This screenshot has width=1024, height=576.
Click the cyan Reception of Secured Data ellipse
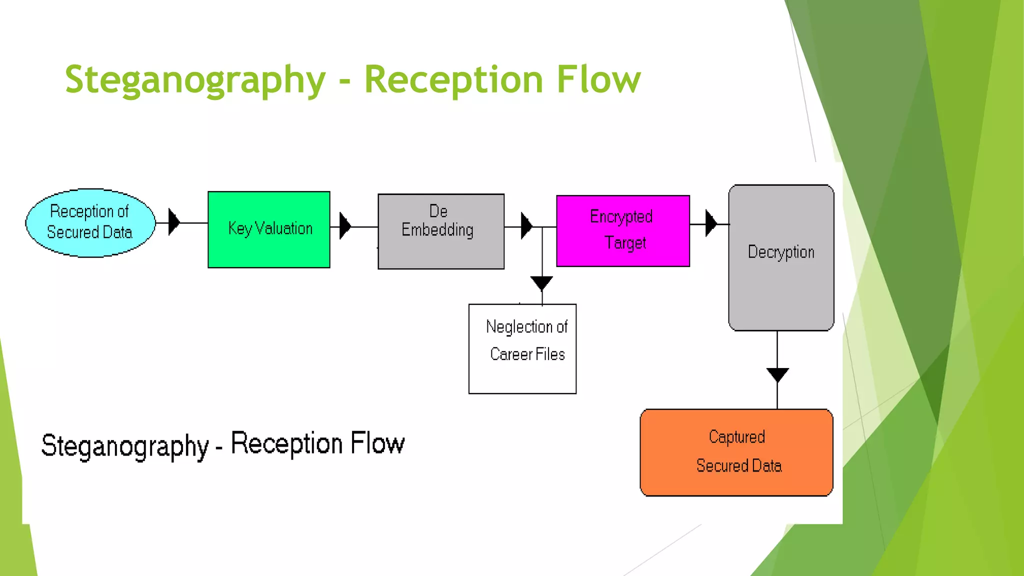click(90, 223)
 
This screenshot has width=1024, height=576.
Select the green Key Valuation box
click(269, 229)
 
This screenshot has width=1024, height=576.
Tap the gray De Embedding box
click(440, 231)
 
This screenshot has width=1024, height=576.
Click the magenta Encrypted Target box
click(622, 230)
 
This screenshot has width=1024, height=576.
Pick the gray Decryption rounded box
click(781, 257)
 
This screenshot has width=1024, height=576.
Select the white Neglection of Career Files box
click(522, 348)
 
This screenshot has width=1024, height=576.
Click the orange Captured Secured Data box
click(736, 452)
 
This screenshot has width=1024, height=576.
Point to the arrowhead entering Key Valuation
click(173, 222)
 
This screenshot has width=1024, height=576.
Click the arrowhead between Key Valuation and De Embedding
click(344, 226)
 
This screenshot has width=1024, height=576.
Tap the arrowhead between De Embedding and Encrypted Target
click(526, 226)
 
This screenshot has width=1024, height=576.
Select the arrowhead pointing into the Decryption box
click(710, 223)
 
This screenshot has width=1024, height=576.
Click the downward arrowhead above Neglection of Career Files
click(541, 282)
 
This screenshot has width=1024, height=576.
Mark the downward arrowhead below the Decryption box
click(777, 374)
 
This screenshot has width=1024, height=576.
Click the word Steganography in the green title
click(195, 80)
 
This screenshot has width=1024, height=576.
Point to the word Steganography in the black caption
click(124, 446)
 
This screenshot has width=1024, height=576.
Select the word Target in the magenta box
click(625, 243)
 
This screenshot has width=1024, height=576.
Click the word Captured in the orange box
click(736, 437)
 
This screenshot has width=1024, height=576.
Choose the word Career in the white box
click(511, 354)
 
